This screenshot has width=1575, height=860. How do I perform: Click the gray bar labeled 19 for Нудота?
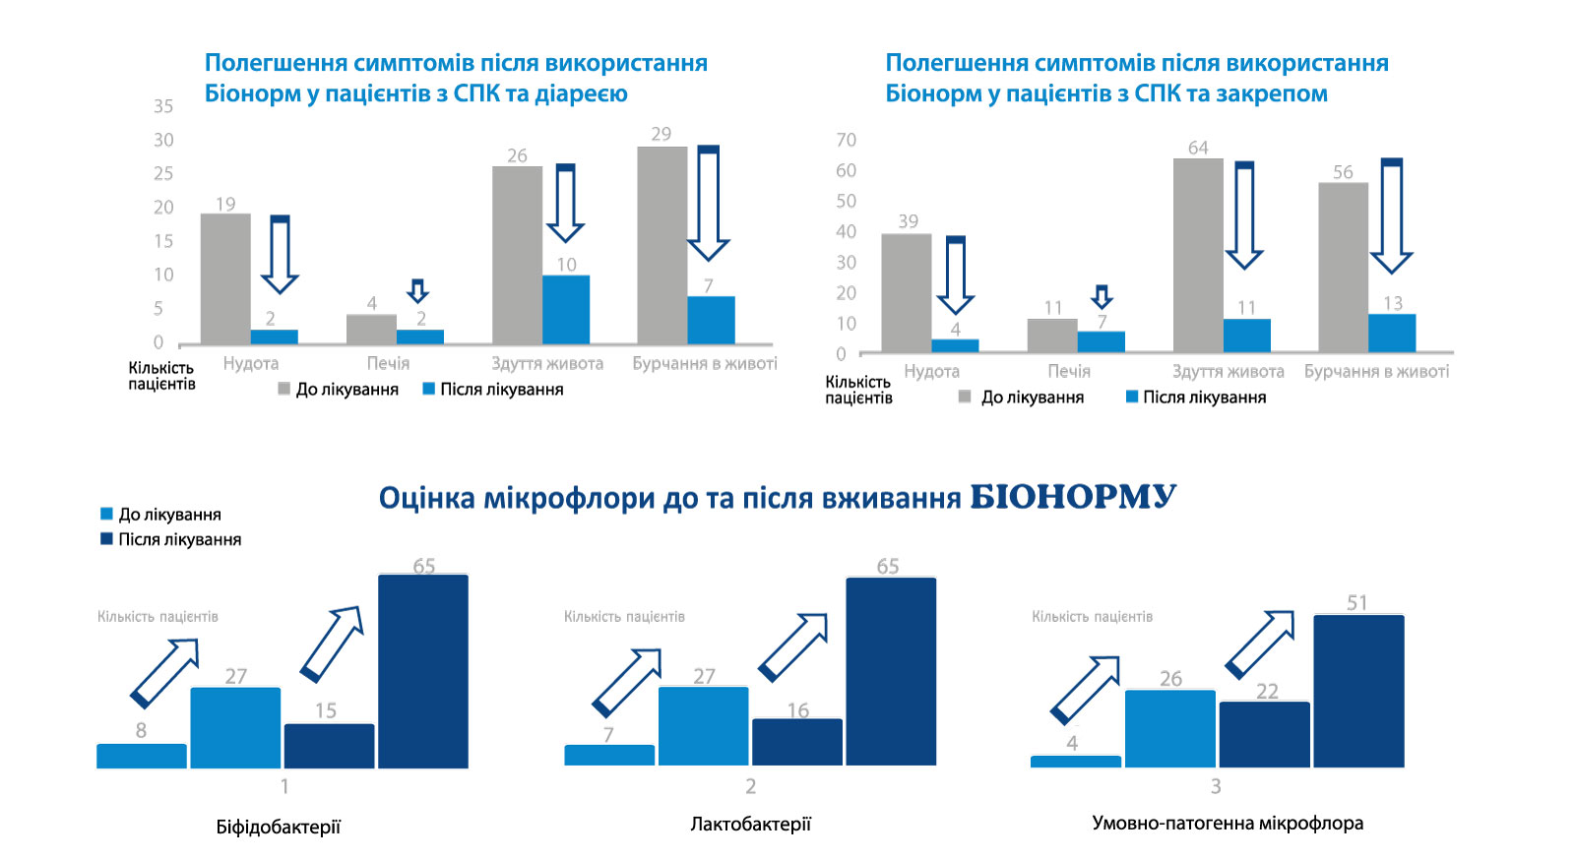click(225, 278)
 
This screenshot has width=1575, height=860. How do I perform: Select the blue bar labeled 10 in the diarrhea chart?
click(566, 309)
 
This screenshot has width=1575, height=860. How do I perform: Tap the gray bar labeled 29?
click(661, 245)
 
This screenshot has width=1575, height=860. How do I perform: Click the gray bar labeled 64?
click(1198, 255)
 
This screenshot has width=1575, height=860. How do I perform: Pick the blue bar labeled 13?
click(1392, 333)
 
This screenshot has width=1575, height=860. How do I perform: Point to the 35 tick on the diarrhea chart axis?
click(163, 106)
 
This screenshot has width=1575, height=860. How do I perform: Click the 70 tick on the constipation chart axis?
click(846, 140)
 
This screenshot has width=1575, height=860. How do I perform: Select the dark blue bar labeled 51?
click(1358, 691)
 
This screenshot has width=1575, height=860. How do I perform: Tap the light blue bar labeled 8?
click(142, 756)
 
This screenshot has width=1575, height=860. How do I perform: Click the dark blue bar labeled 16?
click(797, 742)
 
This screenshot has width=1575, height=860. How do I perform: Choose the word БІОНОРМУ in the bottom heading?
click(1073, 497)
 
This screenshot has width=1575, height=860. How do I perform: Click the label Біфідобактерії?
click(279, 827)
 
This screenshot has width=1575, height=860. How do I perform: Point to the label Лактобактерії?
click(750, 824)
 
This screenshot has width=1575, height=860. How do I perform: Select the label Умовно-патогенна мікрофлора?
click(1228, 823)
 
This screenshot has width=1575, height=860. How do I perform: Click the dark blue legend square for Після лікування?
click(106, 539)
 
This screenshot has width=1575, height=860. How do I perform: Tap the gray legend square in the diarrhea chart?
click(283, 389)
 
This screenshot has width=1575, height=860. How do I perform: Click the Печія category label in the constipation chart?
click(1069, 371)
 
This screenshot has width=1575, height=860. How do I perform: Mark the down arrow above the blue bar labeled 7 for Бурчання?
click(708, 203)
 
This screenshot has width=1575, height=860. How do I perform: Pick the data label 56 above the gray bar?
click(1343, 172)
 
